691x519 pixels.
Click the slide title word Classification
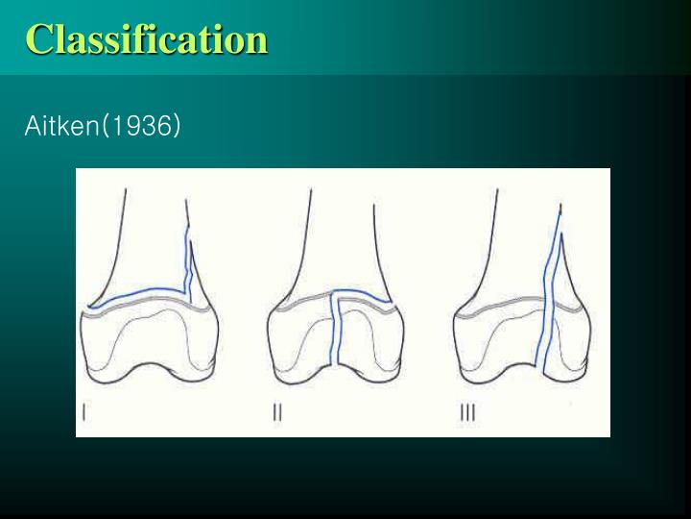coord(146,39)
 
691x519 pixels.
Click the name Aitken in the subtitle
coord(61,126)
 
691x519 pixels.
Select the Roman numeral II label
coord(277,412)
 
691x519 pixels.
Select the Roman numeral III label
coord(467,412)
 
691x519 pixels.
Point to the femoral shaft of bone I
coord(154,231)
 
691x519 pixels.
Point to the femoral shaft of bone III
coord(526,231)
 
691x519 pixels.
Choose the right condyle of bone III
coord(568,346)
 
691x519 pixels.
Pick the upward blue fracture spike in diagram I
coord(190,264)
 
